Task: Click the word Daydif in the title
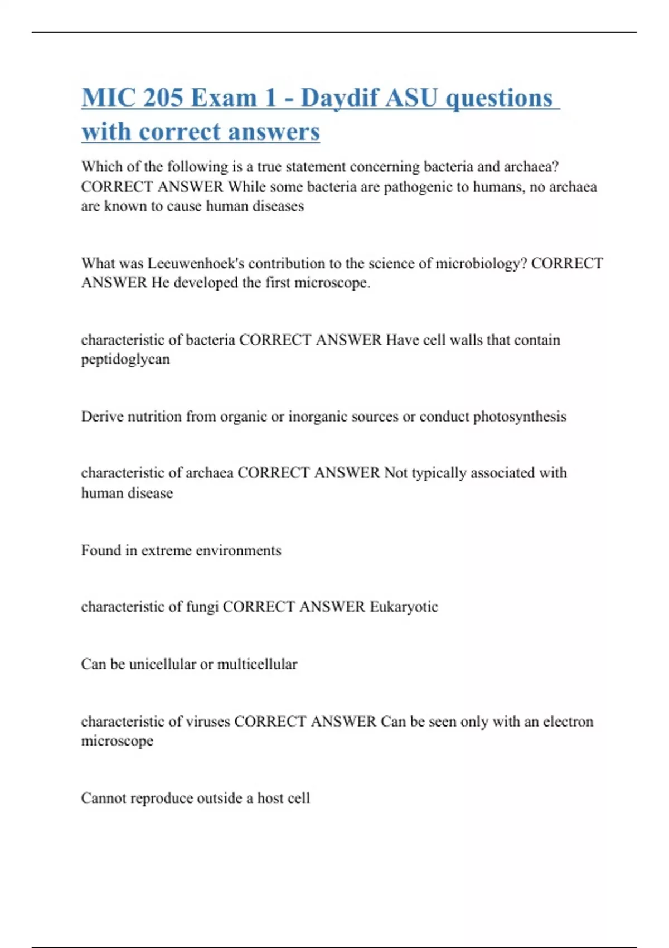[340, 98]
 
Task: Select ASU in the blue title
[412, 98]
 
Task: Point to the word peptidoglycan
[125, 360]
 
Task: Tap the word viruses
[210, 722]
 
